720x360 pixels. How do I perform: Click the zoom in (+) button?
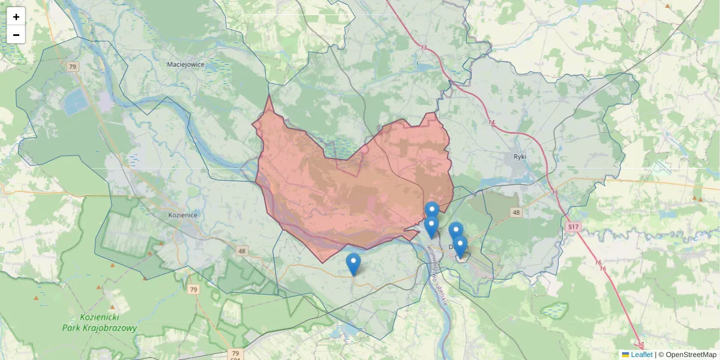click(16, 17)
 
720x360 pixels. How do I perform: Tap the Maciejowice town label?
click(186, 64)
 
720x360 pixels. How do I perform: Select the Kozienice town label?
click(184, 214)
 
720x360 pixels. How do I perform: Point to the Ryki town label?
click(520, 157)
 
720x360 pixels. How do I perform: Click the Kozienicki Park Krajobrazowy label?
click(100, 323)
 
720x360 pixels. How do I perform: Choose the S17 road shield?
click(573, 227)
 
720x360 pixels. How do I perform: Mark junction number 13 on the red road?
click(424, 48)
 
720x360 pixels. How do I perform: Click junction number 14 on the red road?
click(492, 122)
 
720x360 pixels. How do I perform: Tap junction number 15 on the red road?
click(555, 193)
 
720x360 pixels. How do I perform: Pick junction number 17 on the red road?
click(641, 345)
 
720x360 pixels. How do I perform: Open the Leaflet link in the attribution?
click(641, 355)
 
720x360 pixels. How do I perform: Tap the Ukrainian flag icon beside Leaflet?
click(626, 355)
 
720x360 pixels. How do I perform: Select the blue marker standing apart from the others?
click(353, 263)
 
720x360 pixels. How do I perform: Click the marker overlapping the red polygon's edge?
click(431, 211)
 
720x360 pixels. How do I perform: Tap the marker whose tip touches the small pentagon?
click(460, 246)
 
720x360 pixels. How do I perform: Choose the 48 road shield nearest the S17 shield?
click(516, 212)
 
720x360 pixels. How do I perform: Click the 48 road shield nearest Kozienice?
click(242, 251)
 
